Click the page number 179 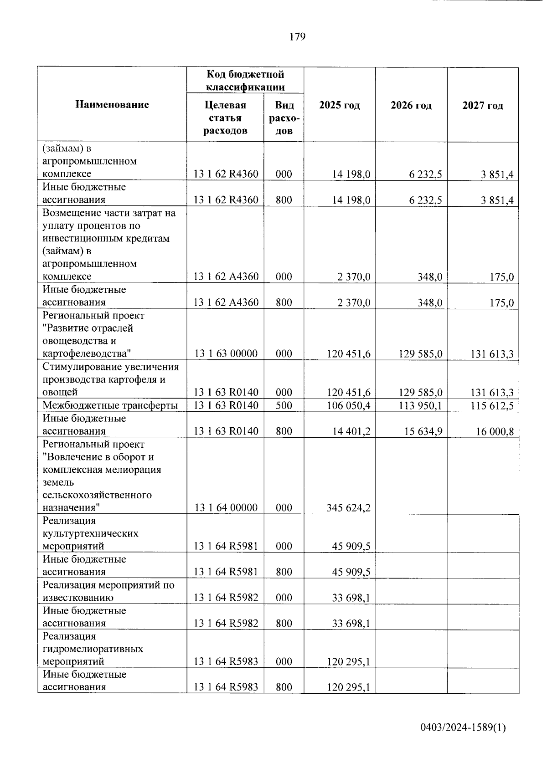(x=297, y=37)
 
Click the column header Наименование (x=112, y=105)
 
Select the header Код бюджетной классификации (x=245, y=81)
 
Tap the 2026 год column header (x=411, y=106)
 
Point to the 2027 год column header (x=483, y=106)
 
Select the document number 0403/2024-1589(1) (x=463, y=728)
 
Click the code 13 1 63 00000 (x=226, y=354)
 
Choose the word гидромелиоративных (x=93, y=649)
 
